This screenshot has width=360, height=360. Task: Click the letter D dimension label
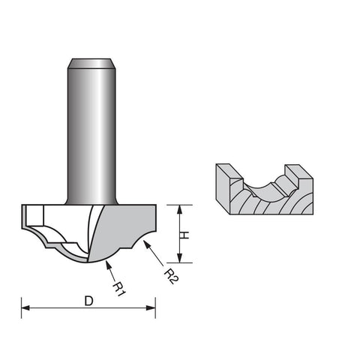click(x=88, y=301)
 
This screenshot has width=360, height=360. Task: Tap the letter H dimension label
click(x=184, y=235)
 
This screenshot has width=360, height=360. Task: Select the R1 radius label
click(x=118, y=289)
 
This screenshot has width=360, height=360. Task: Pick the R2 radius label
click(x=170, y=276)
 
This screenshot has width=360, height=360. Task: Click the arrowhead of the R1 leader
click(x=108, y=264)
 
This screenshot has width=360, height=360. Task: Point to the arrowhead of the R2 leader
click(x=146, y=244)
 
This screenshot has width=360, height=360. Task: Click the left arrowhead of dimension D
click(x=25, y=307)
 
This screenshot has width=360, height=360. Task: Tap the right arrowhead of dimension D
click(x=151, y=307)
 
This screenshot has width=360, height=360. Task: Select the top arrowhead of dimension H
click(x=179, y=209)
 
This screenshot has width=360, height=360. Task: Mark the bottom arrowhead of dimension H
click(x=179, y=258)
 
